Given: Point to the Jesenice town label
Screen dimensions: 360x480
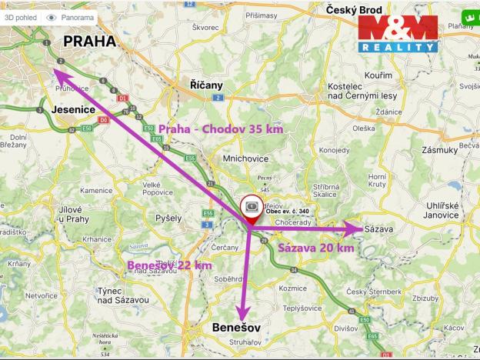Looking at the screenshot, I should coord(72,110).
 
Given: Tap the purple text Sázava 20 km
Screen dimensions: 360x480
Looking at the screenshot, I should coord(315,248).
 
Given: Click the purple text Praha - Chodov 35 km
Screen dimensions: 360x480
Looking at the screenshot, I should coord(221,129).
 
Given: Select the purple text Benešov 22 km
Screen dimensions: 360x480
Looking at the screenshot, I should coord(169,265).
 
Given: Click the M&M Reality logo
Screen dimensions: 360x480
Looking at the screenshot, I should coord(398,34).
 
